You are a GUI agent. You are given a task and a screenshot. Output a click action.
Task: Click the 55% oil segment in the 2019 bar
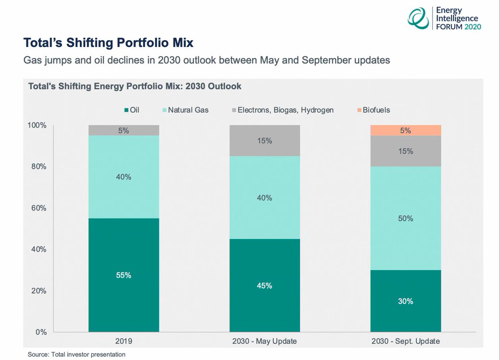124,275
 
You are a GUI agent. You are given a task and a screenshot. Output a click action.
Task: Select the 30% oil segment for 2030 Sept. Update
405,301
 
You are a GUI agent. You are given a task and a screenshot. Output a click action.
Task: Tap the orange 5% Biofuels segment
405,130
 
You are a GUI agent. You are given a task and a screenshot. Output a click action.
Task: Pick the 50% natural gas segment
405,218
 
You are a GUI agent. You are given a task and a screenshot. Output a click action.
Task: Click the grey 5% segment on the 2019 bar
124,130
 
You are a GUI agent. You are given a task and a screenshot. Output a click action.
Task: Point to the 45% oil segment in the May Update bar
264,285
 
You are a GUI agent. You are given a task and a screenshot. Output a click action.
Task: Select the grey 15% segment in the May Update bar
264,141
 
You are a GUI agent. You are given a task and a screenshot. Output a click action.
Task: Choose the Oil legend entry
133,110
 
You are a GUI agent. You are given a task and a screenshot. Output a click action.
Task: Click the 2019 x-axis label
124,341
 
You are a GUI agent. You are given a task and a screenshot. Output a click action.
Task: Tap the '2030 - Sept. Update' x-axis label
405,341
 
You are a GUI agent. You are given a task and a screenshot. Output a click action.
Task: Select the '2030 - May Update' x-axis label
264,341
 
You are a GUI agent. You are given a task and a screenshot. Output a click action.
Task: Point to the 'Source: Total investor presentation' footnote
77,355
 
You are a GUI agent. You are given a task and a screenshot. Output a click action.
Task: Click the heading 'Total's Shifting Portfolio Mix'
109,43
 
